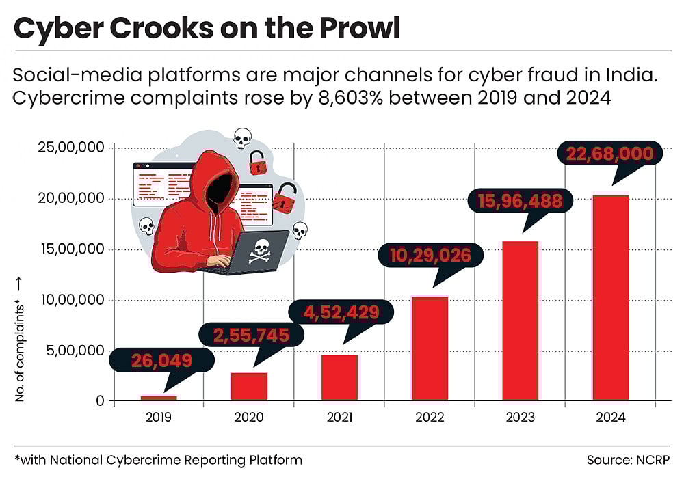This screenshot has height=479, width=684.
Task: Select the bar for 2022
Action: [430, 348]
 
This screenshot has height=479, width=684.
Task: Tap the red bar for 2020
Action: [249, 386]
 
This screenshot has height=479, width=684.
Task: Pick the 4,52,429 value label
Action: [341, 312]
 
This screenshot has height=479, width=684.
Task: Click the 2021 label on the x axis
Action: [339, 417]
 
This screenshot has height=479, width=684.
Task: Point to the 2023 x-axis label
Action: [520, 417]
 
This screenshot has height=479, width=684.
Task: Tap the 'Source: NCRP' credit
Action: [628, 460]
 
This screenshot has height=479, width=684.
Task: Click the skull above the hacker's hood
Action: [241, 139]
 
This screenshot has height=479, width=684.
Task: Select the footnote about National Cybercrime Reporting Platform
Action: [158, 460]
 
